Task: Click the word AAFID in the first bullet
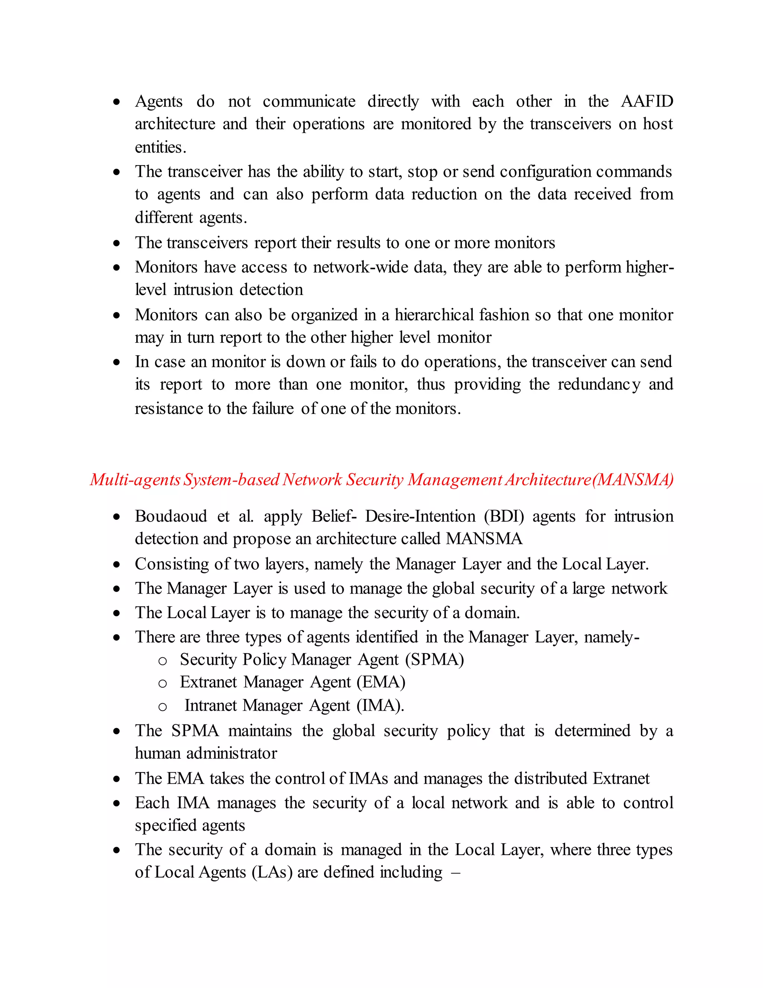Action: pyautogui.click(x=647, y=101)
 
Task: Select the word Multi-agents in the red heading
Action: pyautogui.click(x=135, y=479)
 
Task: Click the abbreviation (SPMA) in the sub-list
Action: pyautogui.click(x=434, y=660)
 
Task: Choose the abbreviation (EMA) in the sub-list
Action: pyautogui.click(x=381, y=682)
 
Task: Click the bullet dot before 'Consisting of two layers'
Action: pyautogui.click(x=117, y=564)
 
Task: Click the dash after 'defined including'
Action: pyautogui.click(x=456, y=873)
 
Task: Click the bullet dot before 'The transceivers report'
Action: pyautogui.click(x=117, y=243)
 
